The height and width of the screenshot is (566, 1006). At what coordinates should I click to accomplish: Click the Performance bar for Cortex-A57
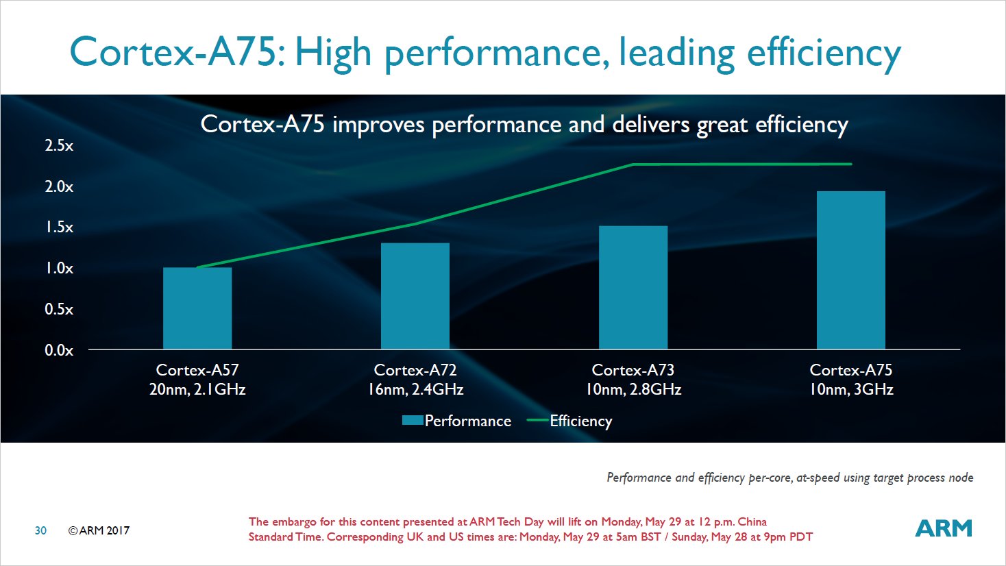pyautogui.click(x=197, y=308)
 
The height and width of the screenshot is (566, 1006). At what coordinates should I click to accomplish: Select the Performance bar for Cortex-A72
pyautogui.click(x=415, y=296)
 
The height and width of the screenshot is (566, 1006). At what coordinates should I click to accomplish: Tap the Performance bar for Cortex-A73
pyautogui.click(x=633, y=288)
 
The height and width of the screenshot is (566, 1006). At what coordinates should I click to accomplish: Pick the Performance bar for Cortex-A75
pyautogui.click(x=851, y=270)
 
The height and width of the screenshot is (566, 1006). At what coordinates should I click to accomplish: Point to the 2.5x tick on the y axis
pyautogui.click(x=59, y=145)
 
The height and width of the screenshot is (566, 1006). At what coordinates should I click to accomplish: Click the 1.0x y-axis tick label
pyautogui.click(x=59, y=268)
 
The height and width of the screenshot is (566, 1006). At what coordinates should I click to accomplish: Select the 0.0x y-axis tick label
pyautogui.click(x=59, y=350)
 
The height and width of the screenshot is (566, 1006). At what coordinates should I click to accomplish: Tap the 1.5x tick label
pyautogui.click(x=59, y=227)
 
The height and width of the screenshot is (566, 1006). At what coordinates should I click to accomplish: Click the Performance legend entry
pyautogui.click(x=457, y=421)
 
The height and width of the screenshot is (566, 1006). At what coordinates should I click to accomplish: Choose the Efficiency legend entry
pyautogui.click(x=570, y=421)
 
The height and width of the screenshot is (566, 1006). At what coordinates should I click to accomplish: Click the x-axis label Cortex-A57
pyautogui.click(x=197, y=370)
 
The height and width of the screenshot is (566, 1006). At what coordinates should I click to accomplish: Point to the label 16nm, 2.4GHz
pyautogui.click(x=415, y=390)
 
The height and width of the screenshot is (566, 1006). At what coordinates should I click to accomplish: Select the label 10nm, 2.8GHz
pyautogui.click(x=633, y=390)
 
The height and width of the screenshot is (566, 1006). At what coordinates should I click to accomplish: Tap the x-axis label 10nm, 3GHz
pyautogui.click(x=851, y=390)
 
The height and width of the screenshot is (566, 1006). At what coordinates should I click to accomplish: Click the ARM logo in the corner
pyautogui.click(x=944, y=528)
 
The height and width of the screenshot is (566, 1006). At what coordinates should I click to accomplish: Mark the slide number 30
pyautogui.click(x=40, y=530)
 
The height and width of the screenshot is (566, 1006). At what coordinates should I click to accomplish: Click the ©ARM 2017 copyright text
pyautogui.click(x=99, y=530)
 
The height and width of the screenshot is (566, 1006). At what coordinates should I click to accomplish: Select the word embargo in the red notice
pyautogui.click(x=295, y=521)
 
